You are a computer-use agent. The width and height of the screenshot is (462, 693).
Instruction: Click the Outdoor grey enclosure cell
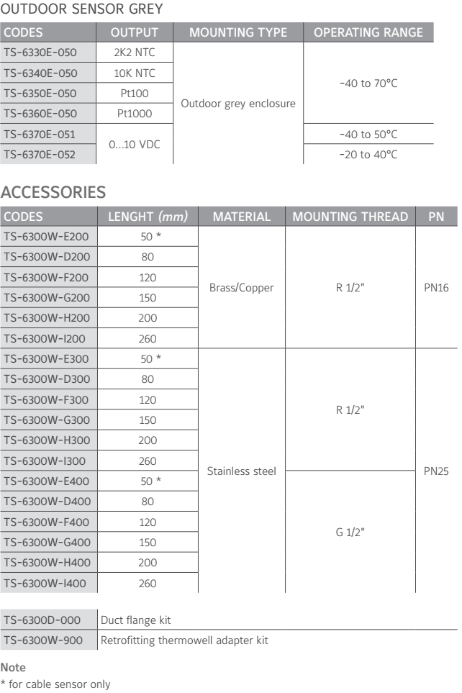tap(238, 104)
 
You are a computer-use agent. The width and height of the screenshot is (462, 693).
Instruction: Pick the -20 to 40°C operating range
tap(368, 154)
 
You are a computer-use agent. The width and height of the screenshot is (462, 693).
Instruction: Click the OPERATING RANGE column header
tap(368, 33)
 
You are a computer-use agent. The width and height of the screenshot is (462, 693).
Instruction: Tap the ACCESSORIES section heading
tap(55, 192)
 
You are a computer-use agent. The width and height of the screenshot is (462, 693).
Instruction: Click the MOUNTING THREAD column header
tap(350, 217)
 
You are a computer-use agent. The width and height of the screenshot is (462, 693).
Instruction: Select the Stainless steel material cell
tap(242, 471)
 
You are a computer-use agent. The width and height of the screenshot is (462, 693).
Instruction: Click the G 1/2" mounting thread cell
tap(350, 532)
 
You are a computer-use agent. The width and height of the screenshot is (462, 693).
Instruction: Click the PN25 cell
tap(436, 471)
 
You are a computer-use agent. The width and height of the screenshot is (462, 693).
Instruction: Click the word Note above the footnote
tap(14, 668)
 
